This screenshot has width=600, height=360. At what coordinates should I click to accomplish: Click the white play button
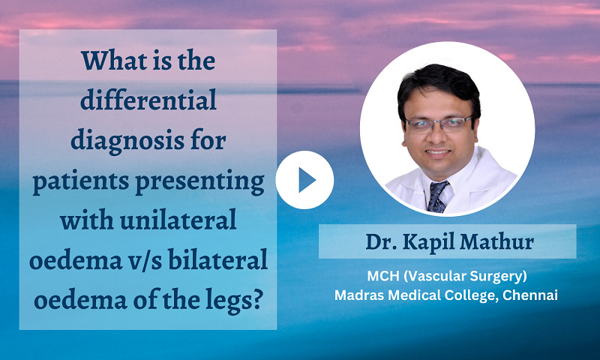click(304, 180)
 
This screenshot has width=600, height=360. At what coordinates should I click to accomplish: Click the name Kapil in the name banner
click(436, 242)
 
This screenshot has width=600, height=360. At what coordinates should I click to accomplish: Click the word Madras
click(358, 294)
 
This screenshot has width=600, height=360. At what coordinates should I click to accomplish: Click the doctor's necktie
click(437, 196)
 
